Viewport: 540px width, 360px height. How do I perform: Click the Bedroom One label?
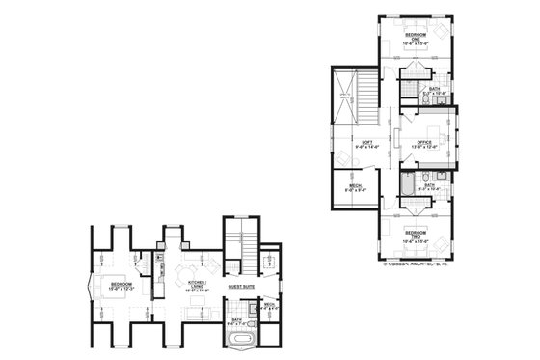[418, 36]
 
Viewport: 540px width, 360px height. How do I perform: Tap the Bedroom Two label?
[417, 235]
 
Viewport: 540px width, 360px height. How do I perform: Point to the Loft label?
[366, 145]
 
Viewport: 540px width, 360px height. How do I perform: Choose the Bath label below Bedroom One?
[435, 92]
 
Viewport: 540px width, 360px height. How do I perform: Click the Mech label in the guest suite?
[269, 307]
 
